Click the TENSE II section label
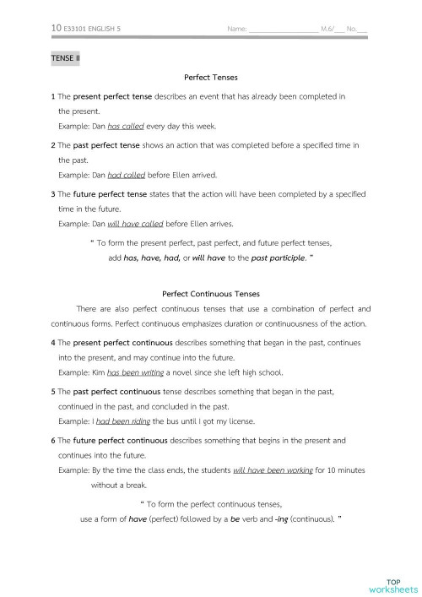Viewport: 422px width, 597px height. click(65, 57)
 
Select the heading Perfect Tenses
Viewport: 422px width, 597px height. click(211, 77)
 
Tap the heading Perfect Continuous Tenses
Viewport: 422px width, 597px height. click(210, 295)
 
